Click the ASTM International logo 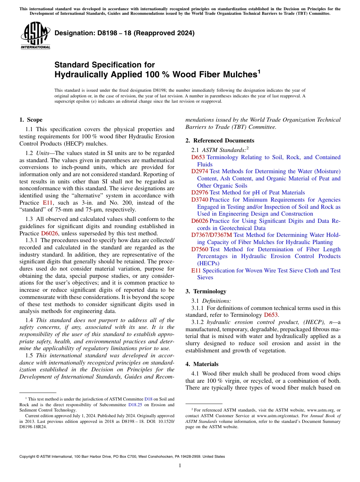(x=35, y=36)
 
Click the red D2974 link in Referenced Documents (x=199, y=171)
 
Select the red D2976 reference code (x=199, y=192)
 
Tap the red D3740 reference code (x=199, y=200)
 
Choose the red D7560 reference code (x=199, y=249)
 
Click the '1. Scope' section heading (x=31, y=120)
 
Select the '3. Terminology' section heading (x=206, y=291)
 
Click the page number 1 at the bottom (x=180, y=465)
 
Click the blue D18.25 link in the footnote (x=135, y=404)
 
